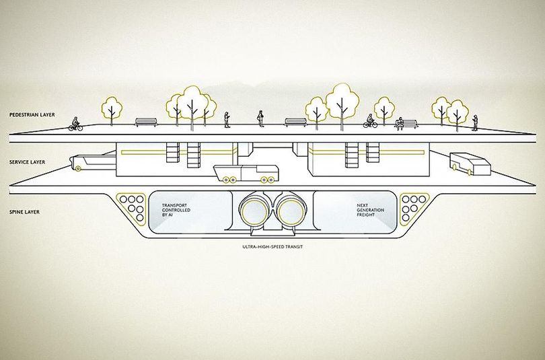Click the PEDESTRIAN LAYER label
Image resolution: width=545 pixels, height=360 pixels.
(x=32, y=114)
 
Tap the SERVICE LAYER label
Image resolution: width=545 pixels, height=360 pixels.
(x=27, y=162)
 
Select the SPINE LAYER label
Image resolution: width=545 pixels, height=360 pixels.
(x=24, y=212)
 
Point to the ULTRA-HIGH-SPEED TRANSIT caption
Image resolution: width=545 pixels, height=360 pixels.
(x=272, y=247)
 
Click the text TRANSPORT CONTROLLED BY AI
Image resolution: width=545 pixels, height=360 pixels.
(x=176, y=210)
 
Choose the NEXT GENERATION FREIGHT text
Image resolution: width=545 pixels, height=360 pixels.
(x=370, y=210)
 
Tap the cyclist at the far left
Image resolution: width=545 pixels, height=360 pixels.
(x=75, y=124)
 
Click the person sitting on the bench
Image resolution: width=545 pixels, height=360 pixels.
(x=400, y=124)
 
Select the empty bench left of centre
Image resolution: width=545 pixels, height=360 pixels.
(x=146, y=122)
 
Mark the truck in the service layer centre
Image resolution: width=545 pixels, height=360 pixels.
(x=246, y=174)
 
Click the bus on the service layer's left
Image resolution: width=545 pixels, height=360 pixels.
(x=93, y=163)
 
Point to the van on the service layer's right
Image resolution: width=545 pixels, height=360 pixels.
(x=470, y=164)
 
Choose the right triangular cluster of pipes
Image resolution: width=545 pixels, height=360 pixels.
(x=414, y=208)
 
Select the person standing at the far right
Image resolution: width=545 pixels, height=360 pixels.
(x=475, y=123)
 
